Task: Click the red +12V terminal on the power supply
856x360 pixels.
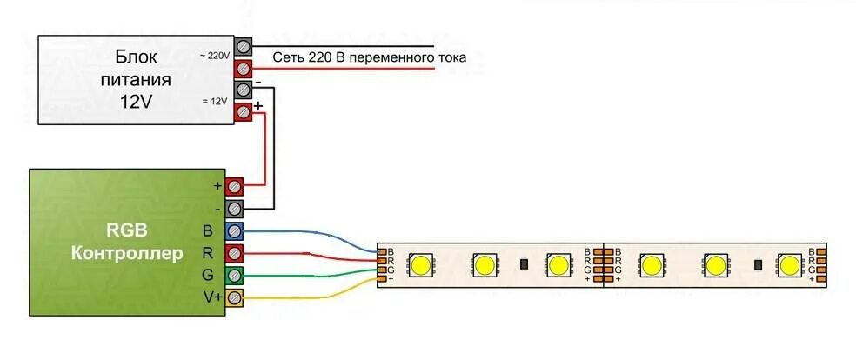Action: click(x=244, y=111)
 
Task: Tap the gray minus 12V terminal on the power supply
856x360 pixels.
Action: click(x=244, y=90)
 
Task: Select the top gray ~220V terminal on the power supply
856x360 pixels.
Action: click(x=244, y=46)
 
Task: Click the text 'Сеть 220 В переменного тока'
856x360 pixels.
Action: click(x=370, y=58)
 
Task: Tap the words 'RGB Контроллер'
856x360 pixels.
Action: click(x=127, y=243)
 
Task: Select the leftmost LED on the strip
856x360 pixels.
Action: click(x=423, y=263)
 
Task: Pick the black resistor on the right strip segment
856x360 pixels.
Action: click(x=758, y=263)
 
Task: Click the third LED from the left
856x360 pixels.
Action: click(x=557, y=263)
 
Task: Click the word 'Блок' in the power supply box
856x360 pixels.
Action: click(x=136, y=57)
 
